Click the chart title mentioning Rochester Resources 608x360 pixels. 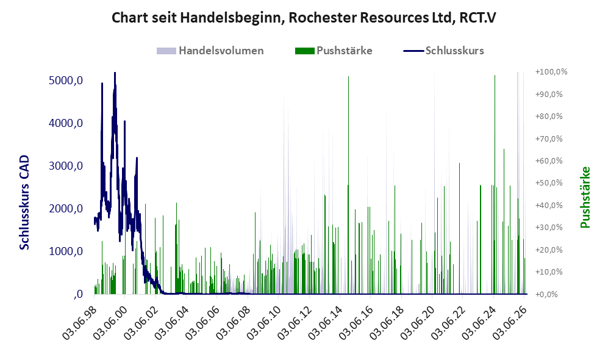coord(304,18)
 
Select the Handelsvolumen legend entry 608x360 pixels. coord(210,51)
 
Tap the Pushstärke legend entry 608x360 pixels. coord(334,51)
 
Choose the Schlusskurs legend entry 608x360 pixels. coord(443,51)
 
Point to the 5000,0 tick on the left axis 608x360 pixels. coord(66,81)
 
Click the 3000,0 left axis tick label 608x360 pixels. coord(66,166)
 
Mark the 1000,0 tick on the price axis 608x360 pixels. coord(66,251)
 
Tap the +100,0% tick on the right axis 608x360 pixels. coord(551,72)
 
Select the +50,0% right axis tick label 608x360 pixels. coord(549,182)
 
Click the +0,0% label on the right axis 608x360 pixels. coord(547,294)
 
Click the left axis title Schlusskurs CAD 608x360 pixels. coord(24,203)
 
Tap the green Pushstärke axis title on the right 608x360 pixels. coord(585,198)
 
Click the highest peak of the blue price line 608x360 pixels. coord(115,73)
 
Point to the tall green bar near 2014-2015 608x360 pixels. coord(348,185)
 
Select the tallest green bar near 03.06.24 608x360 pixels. coord(495,184)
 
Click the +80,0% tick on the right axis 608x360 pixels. coord(549,116)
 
